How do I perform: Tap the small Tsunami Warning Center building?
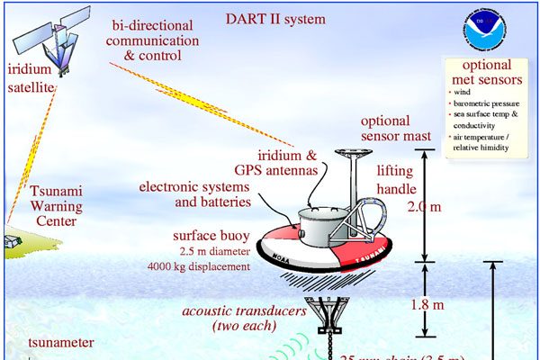click(13, 243)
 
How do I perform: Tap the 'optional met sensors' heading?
click(489, 76)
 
